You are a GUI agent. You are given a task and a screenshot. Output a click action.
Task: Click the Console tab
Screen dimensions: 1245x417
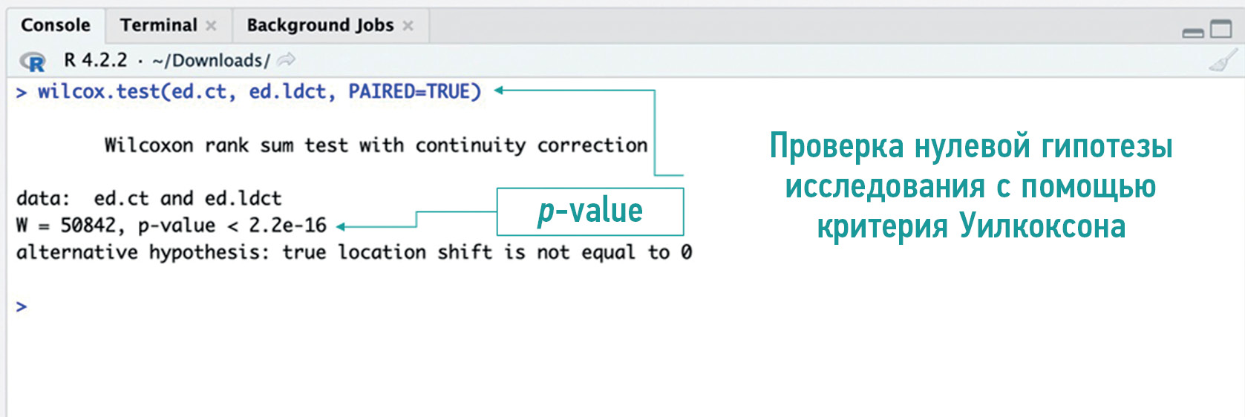[x=56, y=25]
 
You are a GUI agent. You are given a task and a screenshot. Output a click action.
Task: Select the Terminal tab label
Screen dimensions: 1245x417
[x=158, y=25]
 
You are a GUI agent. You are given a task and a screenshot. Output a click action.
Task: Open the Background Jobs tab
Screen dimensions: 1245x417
[x=320, y=25]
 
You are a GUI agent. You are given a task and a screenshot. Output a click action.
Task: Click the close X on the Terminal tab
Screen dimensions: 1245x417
[x=211, y=25]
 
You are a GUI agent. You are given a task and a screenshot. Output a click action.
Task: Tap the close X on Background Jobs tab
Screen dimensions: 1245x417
[x=408, y=25]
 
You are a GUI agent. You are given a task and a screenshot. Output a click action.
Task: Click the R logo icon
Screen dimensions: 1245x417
[x=32, y=61]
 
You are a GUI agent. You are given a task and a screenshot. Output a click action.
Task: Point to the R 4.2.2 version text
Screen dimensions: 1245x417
[x=96, y=60]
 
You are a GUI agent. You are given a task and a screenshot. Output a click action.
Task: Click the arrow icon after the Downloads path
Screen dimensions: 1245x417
[x=287, y=59]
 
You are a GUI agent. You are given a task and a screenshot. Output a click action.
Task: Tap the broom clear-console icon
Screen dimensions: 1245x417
[x=1223, y=61]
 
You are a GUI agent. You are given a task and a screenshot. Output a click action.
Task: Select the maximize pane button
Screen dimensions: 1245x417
[x=1221, y=28]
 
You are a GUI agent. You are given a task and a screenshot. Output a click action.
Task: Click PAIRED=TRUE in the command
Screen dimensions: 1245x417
[x=415, y=91]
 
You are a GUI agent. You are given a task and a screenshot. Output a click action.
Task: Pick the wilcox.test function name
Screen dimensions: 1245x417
[x=99, y=91]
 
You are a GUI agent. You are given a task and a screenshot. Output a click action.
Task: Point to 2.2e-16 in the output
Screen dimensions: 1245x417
[x=287, y=226]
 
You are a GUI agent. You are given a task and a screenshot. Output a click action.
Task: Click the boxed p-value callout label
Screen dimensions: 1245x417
[x=590, y=211]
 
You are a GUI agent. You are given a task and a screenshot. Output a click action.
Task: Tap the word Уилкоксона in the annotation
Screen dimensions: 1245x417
[x=1042, y=226]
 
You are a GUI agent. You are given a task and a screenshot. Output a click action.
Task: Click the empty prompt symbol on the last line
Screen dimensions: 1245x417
[x=21, y=306]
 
